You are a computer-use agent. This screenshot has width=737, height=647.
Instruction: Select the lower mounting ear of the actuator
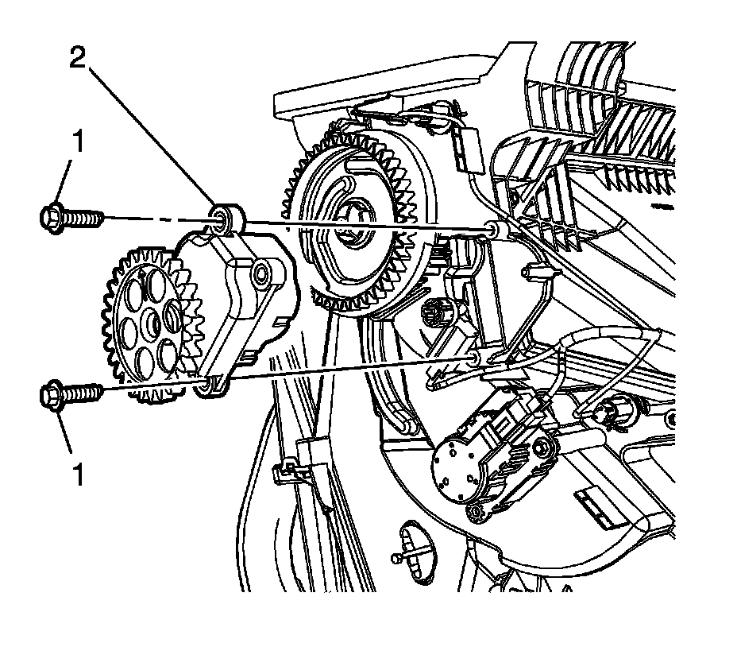209,386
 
